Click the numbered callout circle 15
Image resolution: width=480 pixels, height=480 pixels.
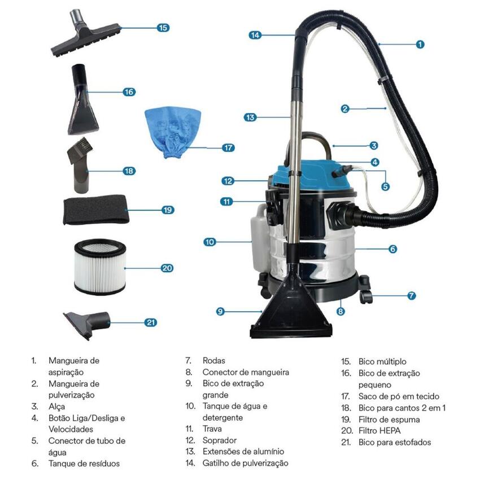(x=163, y=28)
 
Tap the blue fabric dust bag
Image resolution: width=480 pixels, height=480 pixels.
(x=173, y=132)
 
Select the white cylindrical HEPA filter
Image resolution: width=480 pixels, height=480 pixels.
(x=100, y=267)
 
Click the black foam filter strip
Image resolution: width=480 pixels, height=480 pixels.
(x=96, y=210)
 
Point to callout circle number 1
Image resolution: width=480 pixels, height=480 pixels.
(x=420, y=45)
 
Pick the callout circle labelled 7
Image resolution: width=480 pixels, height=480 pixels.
(x=412, y=296)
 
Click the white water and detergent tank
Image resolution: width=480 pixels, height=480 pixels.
(x=260, y=237)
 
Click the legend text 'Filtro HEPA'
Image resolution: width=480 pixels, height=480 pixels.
(x=379, y=431)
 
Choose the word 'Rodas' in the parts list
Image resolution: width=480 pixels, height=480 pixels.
(x=213, y=361)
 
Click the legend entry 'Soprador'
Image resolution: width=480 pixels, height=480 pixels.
(x=220, y=440)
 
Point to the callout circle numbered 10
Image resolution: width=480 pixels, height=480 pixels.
(x=210, y=242)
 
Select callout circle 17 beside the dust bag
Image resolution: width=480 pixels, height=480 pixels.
(x=228, y=148)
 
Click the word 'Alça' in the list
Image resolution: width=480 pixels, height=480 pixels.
(x=56, y=407)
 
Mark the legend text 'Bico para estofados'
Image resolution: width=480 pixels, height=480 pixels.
(x=395, y=442)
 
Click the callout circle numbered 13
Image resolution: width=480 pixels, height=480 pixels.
(x=250, y=117)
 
